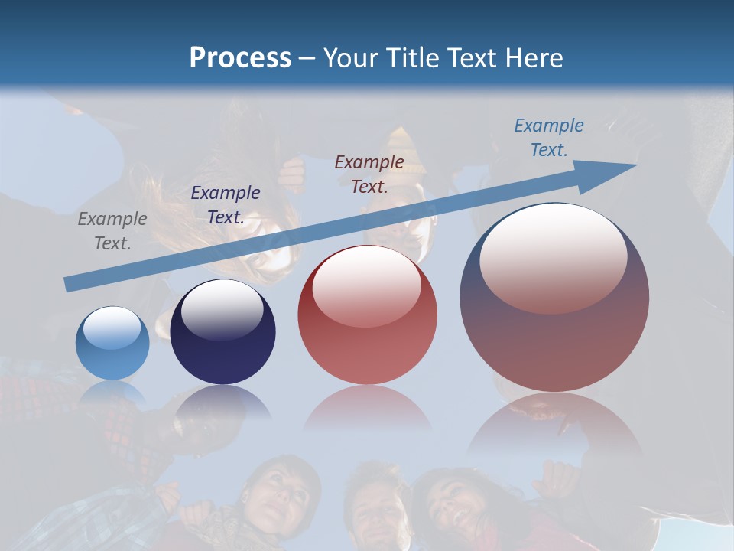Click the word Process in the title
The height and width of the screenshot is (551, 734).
tap(240, 58)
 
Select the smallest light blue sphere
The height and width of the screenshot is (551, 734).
tap(112, 344)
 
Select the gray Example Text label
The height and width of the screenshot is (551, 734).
tap(112, 230)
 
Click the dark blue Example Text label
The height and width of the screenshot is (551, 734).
tap(226, 204)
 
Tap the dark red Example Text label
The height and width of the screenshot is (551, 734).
tap(369, 174)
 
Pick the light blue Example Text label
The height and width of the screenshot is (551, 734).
tap(548, 137)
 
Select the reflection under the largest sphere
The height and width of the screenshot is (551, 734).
tap(554, 425)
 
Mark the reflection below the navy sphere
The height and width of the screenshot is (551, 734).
tap(222, 403)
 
